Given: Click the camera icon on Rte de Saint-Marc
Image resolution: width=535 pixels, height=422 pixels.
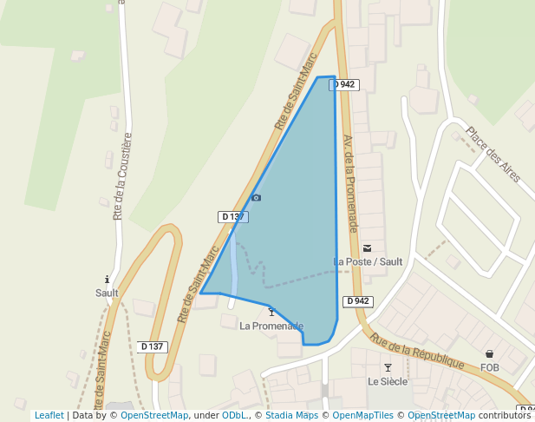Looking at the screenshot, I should coord(256,198).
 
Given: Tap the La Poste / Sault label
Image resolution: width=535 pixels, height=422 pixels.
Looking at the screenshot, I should coord(368,261).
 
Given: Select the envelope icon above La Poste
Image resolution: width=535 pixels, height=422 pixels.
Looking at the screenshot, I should coord(367,247).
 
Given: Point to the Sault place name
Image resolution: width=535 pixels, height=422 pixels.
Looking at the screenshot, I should coord(107,293).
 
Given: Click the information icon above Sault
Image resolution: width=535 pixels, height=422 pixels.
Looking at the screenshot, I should coord(107,280).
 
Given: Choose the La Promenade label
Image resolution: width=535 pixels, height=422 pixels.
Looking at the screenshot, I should coord(271,326).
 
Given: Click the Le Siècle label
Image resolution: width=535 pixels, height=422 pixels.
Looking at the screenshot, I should coord(388,381).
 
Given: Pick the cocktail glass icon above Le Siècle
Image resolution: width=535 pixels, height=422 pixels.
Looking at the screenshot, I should coord(388,368).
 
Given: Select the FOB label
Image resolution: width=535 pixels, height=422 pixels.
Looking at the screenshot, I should coord(490,367).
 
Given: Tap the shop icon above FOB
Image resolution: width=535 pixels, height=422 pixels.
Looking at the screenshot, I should coord(490,354).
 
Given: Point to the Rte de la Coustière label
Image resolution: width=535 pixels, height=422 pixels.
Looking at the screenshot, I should coord(121,176).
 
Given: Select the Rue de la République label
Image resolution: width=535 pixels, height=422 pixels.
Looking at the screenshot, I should coord(417,352).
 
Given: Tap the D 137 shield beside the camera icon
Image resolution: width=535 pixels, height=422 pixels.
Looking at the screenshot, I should coord(232,216).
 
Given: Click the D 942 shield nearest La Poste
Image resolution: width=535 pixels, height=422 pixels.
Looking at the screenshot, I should coord(358,301).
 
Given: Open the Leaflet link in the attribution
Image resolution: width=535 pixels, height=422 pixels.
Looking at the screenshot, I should coord(49,416).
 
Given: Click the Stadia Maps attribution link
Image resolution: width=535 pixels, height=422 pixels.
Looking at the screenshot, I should coord(291,416).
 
